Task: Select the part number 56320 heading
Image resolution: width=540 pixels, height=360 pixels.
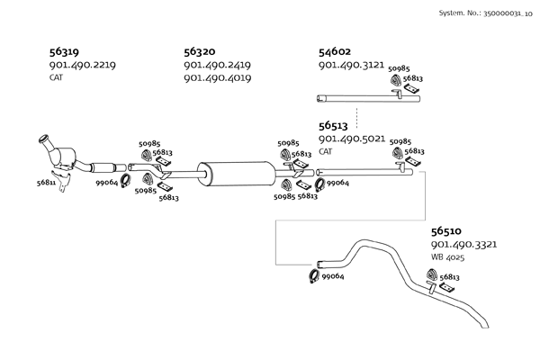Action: [x=200, y=52]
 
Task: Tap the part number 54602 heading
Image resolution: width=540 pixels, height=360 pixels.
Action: [x=337, y=52]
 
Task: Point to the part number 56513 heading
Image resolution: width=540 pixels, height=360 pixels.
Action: [x=337, y=127]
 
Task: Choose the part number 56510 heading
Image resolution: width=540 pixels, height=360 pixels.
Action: [x=447, y=231]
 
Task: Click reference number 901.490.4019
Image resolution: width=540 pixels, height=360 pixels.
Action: [x=217, y=78]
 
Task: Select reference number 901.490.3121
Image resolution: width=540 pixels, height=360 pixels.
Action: [x=352, y=66]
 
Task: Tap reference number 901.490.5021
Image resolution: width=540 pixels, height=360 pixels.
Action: [x=352, y=139]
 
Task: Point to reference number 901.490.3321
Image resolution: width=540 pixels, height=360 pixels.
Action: [x=464, y=244]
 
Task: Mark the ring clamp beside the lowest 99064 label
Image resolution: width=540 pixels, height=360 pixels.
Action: [x=313, y=276]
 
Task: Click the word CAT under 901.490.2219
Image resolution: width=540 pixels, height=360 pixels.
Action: [x=56, y=78]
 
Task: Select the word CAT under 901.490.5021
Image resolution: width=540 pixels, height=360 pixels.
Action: [x=326, y=152]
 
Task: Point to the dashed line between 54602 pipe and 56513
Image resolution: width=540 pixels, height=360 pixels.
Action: [x=356, y=114]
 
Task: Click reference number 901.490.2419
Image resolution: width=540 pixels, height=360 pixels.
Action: [x=217, y=66]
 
